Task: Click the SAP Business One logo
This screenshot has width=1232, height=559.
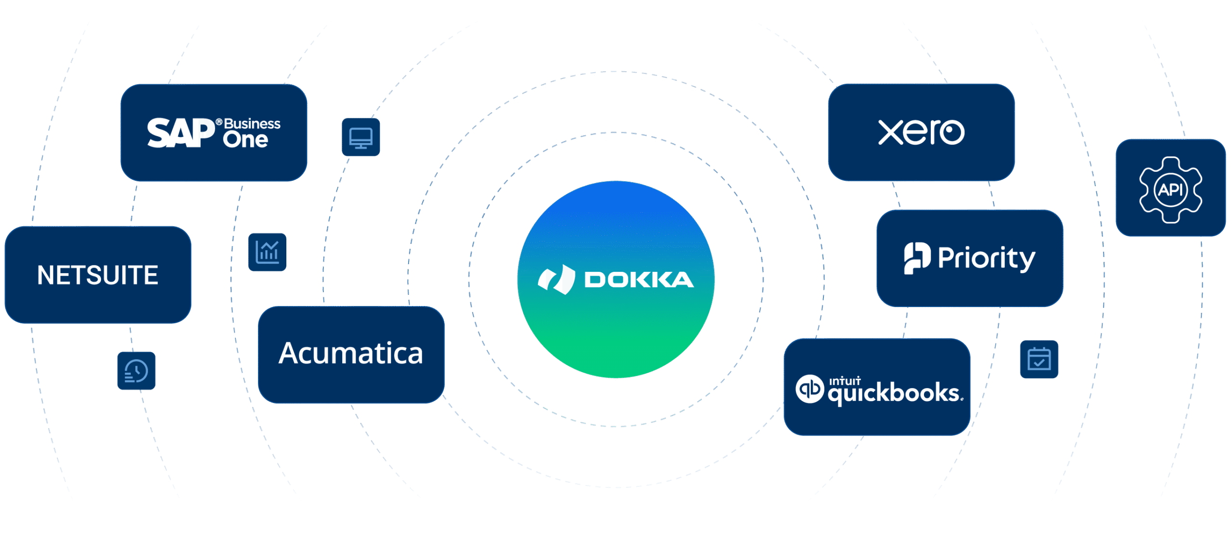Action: [x=213, y=132]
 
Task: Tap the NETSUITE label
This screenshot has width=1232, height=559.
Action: [x=98, y=275]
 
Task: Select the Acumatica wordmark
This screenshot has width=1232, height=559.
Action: [x=351, y=354]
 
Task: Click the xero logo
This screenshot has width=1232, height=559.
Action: [x=921, y=132]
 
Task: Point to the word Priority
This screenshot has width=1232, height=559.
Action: [x=986, y=258]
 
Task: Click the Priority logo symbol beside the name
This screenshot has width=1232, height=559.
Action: [x=917, y=258]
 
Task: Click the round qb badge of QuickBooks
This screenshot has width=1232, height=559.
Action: [x=810, y=389]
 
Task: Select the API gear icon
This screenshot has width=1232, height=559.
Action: [x=1170, y=189]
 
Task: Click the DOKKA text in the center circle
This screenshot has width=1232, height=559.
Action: [x=639, y=280]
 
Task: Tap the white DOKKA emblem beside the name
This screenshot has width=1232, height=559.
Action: [x=556, y=279]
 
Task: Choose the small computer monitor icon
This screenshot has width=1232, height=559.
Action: [x=361, y=138]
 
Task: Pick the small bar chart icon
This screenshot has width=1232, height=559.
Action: [x=267, y=252]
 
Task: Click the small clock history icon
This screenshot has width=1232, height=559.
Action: [x=136, y=371]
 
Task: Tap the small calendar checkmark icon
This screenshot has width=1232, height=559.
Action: [x=1039, y=359]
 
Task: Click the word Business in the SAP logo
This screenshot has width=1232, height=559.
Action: [x=252, y=124]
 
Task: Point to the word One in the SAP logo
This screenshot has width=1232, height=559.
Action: [x=245, y=140]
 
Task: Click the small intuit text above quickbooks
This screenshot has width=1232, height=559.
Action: [x=845, y=381]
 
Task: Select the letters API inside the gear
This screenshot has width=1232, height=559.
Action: [x=1170, y=190]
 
